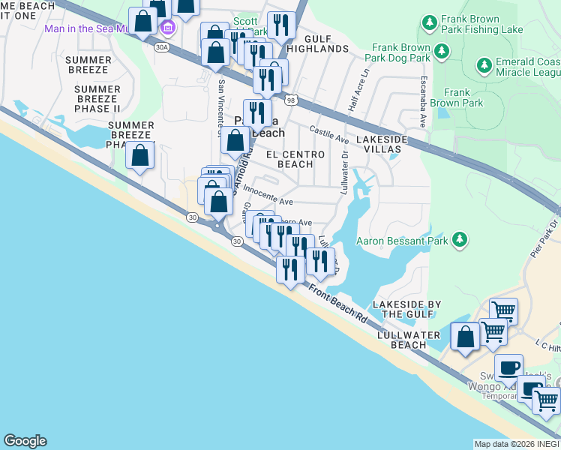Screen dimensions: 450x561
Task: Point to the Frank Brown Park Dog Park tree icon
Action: (442, 51)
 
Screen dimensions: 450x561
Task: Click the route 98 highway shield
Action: (290, 98)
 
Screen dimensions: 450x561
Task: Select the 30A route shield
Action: (162, 46)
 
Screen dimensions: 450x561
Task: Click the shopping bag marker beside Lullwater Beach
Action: (465, 337)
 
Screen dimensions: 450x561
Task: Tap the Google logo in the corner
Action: (24, 441)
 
